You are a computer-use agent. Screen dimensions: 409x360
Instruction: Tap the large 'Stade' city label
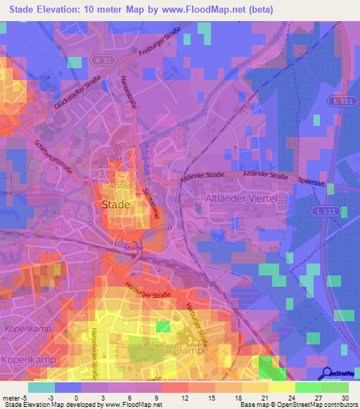117,204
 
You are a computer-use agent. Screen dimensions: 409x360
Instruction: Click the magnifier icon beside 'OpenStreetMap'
326,373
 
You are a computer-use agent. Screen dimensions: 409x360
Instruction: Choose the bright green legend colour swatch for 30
335,387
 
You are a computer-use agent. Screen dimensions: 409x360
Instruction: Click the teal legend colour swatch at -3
41,387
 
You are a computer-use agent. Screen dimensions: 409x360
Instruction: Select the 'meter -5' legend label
13,397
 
